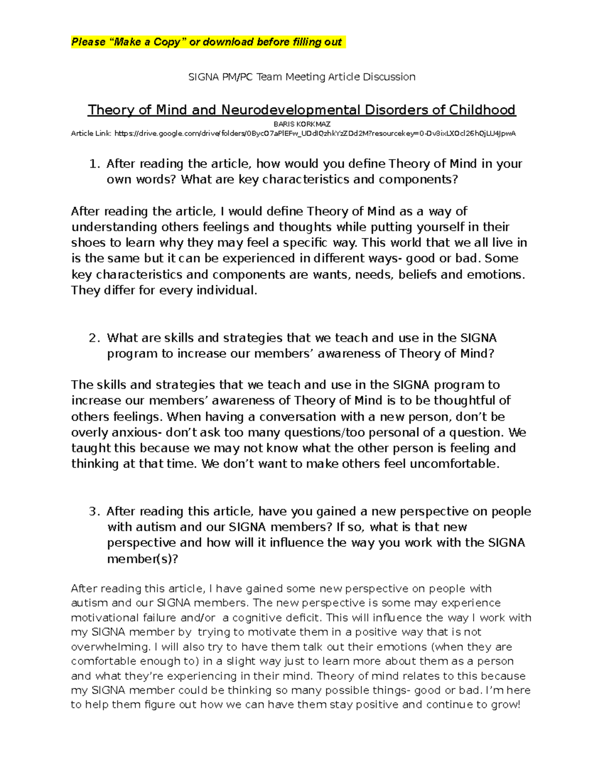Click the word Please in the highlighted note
click(88, 42)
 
